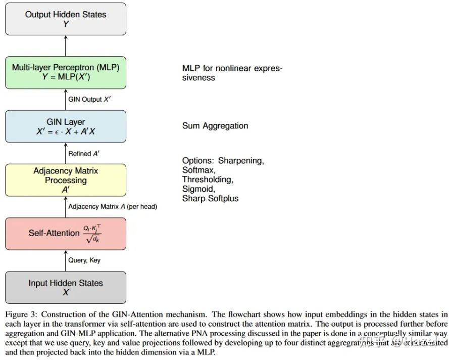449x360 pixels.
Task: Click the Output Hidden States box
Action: coord(66,19)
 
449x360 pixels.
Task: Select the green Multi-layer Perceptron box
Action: coord(66,72)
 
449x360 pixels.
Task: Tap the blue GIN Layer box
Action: coord(66,126)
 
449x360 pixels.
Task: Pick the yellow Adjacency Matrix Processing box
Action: coord(66,180)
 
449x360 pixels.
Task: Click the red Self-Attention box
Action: coord(66,234)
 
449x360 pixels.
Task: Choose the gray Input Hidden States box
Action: coord(66,287)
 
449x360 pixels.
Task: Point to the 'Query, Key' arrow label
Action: coord(84,260)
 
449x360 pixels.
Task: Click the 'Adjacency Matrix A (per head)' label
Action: coord(112,206)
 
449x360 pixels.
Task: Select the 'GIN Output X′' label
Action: coord(89,100)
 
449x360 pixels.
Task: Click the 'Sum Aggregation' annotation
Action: coord(215,126)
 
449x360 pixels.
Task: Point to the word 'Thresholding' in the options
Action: coord(208,179)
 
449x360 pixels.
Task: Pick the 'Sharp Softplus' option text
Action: coord(210,199)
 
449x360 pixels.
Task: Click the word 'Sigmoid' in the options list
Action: coord(198,189)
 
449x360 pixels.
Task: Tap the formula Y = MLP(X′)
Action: coord(66,77)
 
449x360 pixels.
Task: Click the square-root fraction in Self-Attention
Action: coord(92,234)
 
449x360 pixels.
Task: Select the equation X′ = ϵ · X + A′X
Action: coord(66,131)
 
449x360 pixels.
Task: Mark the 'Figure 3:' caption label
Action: coord(23,314)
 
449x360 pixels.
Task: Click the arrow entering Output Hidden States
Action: coord(66,46)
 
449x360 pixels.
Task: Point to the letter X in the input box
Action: coord(66,293)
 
